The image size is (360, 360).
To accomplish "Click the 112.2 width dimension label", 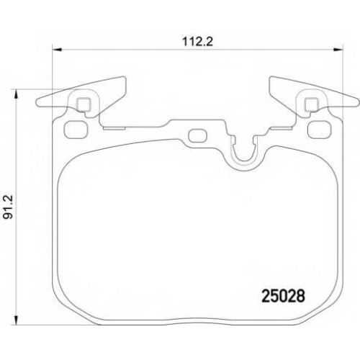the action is coord(197,42).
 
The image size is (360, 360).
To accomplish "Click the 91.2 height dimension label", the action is coord(8,207).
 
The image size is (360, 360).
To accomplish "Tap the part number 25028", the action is coord(283,296).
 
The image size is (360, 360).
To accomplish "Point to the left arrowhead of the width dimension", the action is coord(57,50).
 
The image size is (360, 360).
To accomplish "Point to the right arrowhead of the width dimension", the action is coord(338,50).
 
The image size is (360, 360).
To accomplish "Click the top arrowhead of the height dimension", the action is coord(16,94).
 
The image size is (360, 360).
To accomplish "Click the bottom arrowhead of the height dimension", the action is coord(16,320).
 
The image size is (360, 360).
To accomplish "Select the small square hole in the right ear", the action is coord(311,105).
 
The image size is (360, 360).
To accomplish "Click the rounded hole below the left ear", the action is coord(76,130).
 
